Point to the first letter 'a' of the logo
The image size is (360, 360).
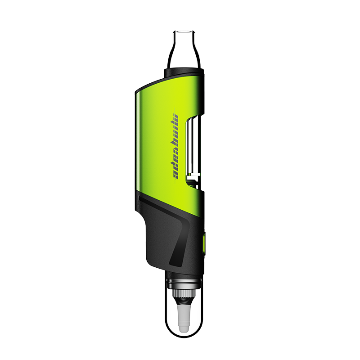tap(177, 174)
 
